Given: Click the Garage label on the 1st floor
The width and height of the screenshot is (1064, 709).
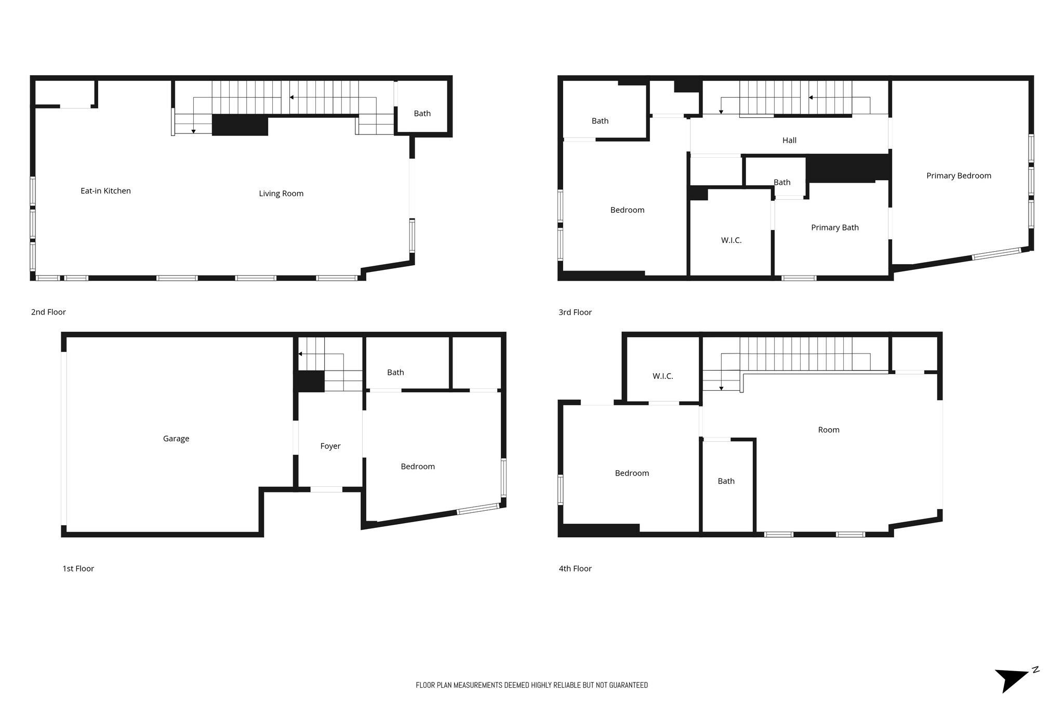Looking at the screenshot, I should pyautogui.click(x=176, y=439).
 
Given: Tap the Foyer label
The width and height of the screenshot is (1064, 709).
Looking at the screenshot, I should pyautogui.click(x=330, y=446).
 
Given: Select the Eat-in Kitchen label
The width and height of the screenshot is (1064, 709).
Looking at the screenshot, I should pyautogui.click(x=105, y=191).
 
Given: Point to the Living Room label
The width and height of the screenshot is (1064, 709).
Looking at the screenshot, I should pyautogui.click(x=281, y=194).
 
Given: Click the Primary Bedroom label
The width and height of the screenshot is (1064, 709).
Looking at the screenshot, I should pyautogui.click(x=959, y=176).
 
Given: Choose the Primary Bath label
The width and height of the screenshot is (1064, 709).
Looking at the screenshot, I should pyautogui.click(x=834, y=227).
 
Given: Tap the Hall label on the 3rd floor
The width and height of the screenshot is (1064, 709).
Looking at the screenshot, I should pyautogui.click(x=789, y=140).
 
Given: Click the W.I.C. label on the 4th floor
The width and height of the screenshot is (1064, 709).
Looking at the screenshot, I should pyautogui.click(x=662, y=376).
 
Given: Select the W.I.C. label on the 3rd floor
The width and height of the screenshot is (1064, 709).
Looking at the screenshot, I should pyautogui.click(x=731, y=240).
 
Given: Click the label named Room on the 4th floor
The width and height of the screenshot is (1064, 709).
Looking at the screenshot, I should pyautogui.click(x=828, y=430).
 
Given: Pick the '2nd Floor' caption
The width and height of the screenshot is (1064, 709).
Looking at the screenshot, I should pyautogui.click(x=48, y=312).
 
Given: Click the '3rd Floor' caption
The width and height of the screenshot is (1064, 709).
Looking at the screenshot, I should pyautogui.click(x=575, y=312).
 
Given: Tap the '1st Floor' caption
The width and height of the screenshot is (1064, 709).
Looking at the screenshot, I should pyautogui.click(x=78, y=568).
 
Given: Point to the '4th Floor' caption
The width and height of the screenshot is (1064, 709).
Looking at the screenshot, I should pyautogui.click(x=575, y=568).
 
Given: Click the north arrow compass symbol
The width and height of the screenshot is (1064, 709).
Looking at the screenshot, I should pyautogui.click(x=1013, y=680).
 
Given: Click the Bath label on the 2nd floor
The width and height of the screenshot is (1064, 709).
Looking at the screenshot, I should pyautogui.click(x=422, y=113).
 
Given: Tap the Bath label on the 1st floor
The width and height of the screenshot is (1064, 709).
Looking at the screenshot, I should pyautogui.click(x=395, y=372).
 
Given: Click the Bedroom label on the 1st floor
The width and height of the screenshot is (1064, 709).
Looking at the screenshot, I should pyautogui.click(x=418, y=467).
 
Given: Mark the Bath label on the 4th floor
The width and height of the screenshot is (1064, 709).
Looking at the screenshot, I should pyautogui.click(x=726, y=481).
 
